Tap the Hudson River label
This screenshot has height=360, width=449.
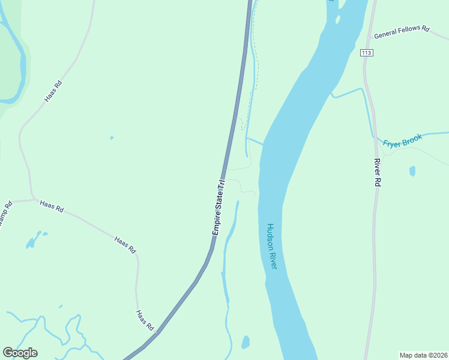pyautogui.click(x=271, y=246)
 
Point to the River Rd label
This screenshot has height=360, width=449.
pyautogui.click(x=378, y=174)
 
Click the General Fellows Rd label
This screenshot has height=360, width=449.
pyautogui.click(x=402, y=32)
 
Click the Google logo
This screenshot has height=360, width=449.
pyautogui.click(x=20, y=353)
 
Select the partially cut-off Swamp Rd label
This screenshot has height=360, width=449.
pyautogui.click(x=4, y=216)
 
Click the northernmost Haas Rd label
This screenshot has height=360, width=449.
pyautogui.click(x=53, y=92)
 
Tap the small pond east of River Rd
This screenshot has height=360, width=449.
pyautogui.click(x=412, y=171)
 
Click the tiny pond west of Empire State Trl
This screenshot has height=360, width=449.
pyautogui.click(x=112, y=138)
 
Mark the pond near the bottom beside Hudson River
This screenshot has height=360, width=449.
pyautogui.click(x=245, y=342)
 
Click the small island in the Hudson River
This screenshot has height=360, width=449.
pyautogui.click(x=338, y=20)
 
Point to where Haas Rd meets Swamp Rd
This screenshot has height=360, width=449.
pyautogui.click(x=33, y=200)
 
